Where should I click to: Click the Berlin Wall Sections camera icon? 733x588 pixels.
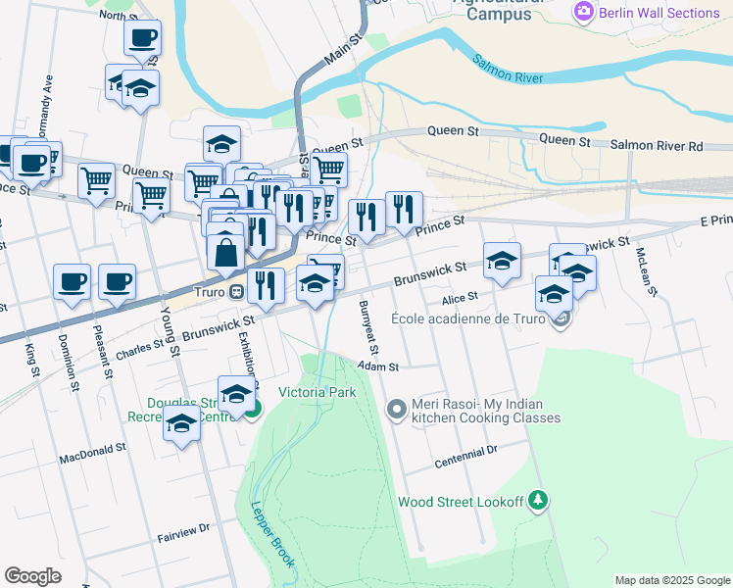[585, 13]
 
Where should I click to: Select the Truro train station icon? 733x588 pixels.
[235, 292]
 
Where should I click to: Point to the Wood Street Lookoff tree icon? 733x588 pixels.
[537, 502]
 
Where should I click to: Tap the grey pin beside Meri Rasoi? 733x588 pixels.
[396, 410]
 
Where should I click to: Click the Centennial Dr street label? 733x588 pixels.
[465, 456]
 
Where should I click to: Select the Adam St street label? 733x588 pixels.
[378, 367]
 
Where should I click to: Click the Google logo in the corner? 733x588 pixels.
[32, 576]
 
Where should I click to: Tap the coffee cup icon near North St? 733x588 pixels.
[142, 38]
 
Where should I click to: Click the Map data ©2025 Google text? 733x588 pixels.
[671, 580]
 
